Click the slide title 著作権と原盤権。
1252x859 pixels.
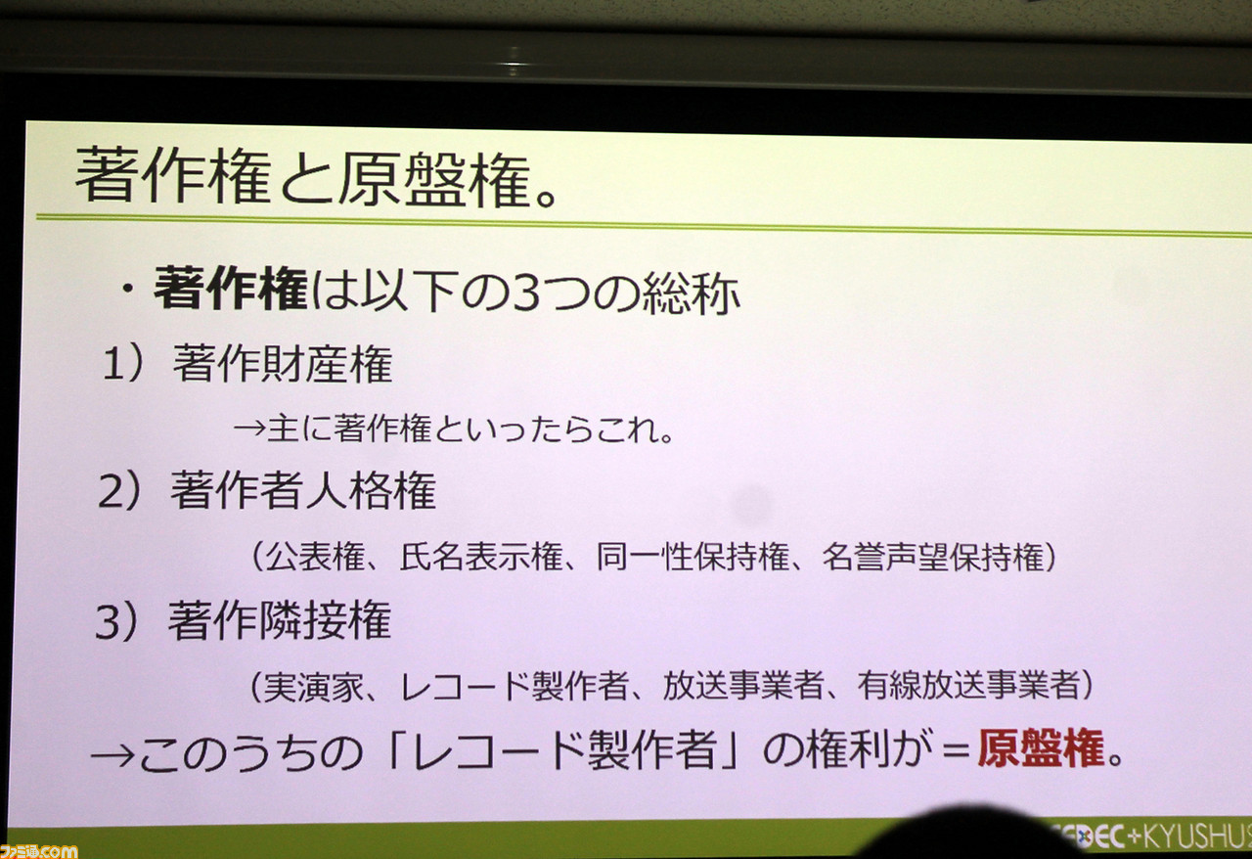click(316, 177)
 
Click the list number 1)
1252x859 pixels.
click(123, 364)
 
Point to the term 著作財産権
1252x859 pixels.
click(283, 364)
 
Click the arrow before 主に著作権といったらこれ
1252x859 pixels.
click(249, 429)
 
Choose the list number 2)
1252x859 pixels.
click(119, 491)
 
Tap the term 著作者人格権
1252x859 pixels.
click(303, 490)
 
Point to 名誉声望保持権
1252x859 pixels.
click(933, 557)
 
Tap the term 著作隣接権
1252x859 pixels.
click(280, 620)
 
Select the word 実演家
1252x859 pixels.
click(314, 686)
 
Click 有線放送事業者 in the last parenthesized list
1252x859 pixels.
click(968, 685)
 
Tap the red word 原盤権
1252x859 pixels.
click(1041, 748)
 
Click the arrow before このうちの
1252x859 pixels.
click(112, 756)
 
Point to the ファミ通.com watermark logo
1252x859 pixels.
click(38, 851)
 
